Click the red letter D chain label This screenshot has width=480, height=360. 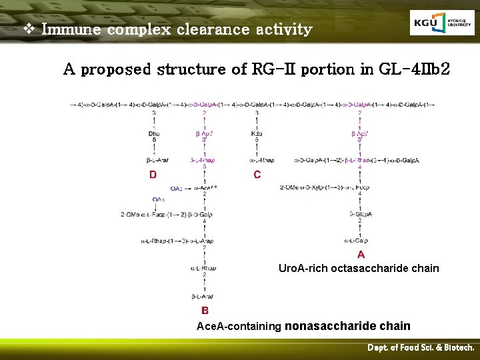coord(153,175)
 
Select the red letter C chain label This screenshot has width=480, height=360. coord(257,175)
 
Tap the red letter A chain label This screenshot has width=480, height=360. coord(361,254)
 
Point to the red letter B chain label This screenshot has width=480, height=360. coord(205,310)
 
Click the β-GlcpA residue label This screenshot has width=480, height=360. coord(361,214)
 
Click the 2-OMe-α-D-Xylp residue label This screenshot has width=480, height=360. coord(303,188)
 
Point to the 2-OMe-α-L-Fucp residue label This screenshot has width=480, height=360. coord(142,214)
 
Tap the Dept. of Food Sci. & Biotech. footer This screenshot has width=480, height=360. coord(421,348)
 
